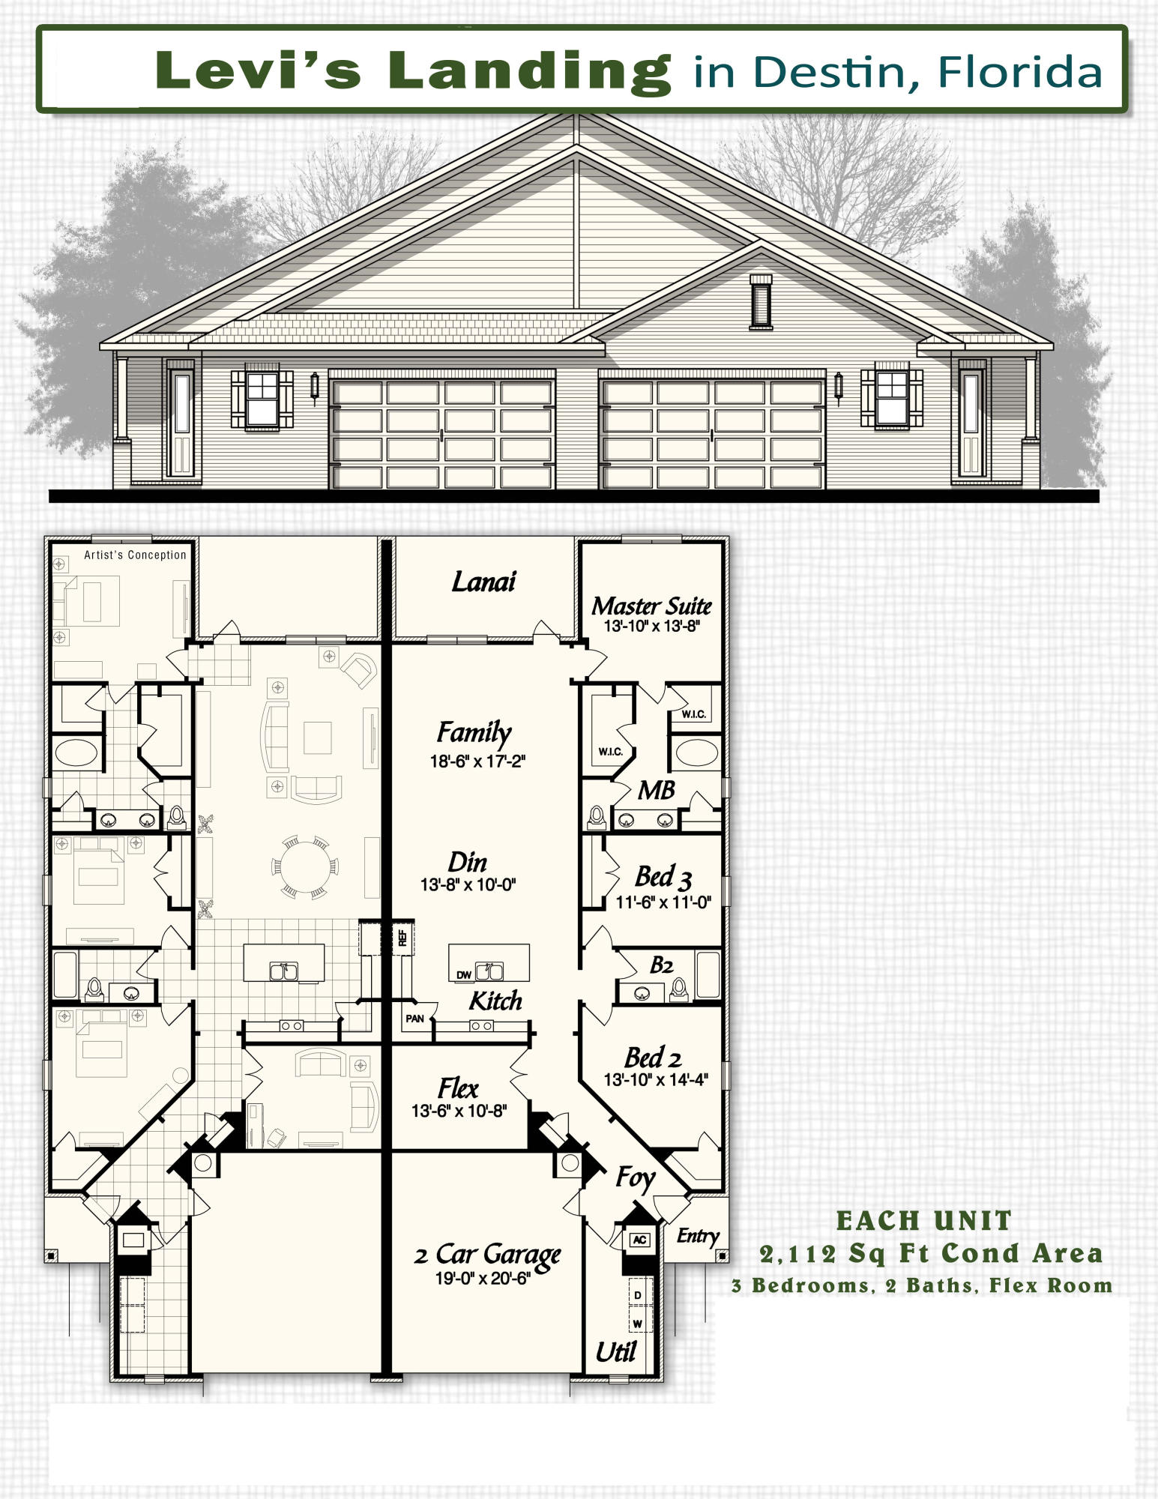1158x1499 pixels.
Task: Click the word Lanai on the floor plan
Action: [x=483, y=582]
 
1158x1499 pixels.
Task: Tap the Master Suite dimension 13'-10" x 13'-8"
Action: [x=651, y=627]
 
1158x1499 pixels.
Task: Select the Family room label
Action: [x=474, y=732]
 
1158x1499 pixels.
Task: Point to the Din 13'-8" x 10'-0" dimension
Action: [x=468, y=884]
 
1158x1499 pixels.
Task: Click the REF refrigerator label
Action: [x=402, y=938]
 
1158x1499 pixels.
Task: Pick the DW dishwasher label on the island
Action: [x=464, y=975]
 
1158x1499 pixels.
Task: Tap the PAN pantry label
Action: [x=414, y=1019]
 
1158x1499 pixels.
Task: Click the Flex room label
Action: [x=458, y=1088]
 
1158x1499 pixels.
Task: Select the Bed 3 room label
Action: [x=663, y=876]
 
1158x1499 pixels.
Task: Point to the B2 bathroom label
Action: [x=661, y=965]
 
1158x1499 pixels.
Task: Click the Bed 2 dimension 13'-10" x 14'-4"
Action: [x=656, y=1080]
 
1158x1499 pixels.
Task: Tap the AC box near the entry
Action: [x=639, y=1240]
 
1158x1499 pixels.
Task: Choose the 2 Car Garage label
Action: [x=487, y=1254]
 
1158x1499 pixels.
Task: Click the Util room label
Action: [x=615, y=1352]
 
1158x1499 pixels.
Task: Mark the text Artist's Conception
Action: [x=135, y=555]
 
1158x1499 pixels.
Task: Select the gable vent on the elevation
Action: [x=761, y=301]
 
